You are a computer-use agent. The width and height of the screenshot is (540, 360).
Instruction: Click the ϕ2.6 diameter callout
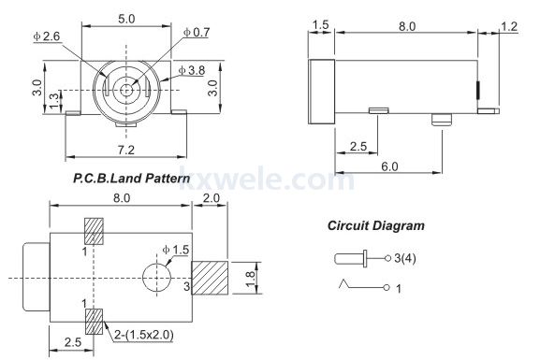pos(47,36)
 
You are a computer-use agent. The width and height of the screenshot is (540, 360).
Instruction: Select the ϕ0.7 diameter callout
pos(197,33)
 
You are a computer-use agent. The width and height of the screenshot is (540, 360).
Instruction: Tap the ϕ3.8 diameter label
pos(192,70)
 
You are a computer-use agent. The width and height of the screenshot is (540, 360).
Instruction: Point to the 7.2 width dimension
pos(126,150)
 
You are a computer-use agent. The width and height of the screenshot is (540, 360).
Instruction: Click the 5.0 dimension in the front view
pos(126,19)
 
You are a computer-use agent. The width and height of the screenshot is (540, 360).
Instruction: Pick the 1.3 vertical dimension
pos(54,101)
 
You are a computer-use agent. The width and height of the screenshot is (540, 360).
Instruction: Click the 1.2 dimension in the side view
pos(509,26)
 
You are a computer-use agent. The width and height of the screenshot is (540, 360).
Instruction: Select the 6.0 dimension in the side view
pos(389,166)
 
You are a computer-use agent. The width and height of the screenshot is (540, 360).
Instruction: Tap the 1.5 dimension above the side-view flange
pos(321,25)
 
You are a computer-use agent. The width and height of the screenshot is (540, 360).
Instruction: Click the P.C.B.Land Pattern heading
pos(132,179)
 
